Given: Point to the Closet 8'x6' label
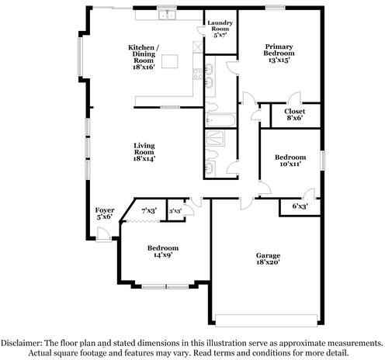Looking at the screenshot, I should pos(294,116).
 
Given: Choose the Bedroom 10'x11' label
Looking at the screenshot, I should pos(288,160).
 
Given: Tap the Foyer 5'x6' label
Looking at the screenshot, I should pos(104,213).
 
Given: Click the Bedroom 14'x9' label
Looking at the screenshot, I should pos(164,252).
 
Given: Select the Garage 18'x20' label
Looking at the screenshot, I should pos(269,259).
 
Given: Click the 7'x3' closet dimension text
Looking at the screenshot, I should pos(149,210).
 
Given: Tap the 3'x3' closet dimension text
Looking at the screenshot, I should pos(175,210).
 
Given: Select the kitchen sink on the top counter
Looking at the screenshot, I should pos(164,15).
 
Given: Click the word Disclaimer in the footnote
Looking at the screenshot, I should pos(26,341).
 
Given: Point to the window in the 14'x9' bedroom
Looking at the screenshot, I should pos(165,287).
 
